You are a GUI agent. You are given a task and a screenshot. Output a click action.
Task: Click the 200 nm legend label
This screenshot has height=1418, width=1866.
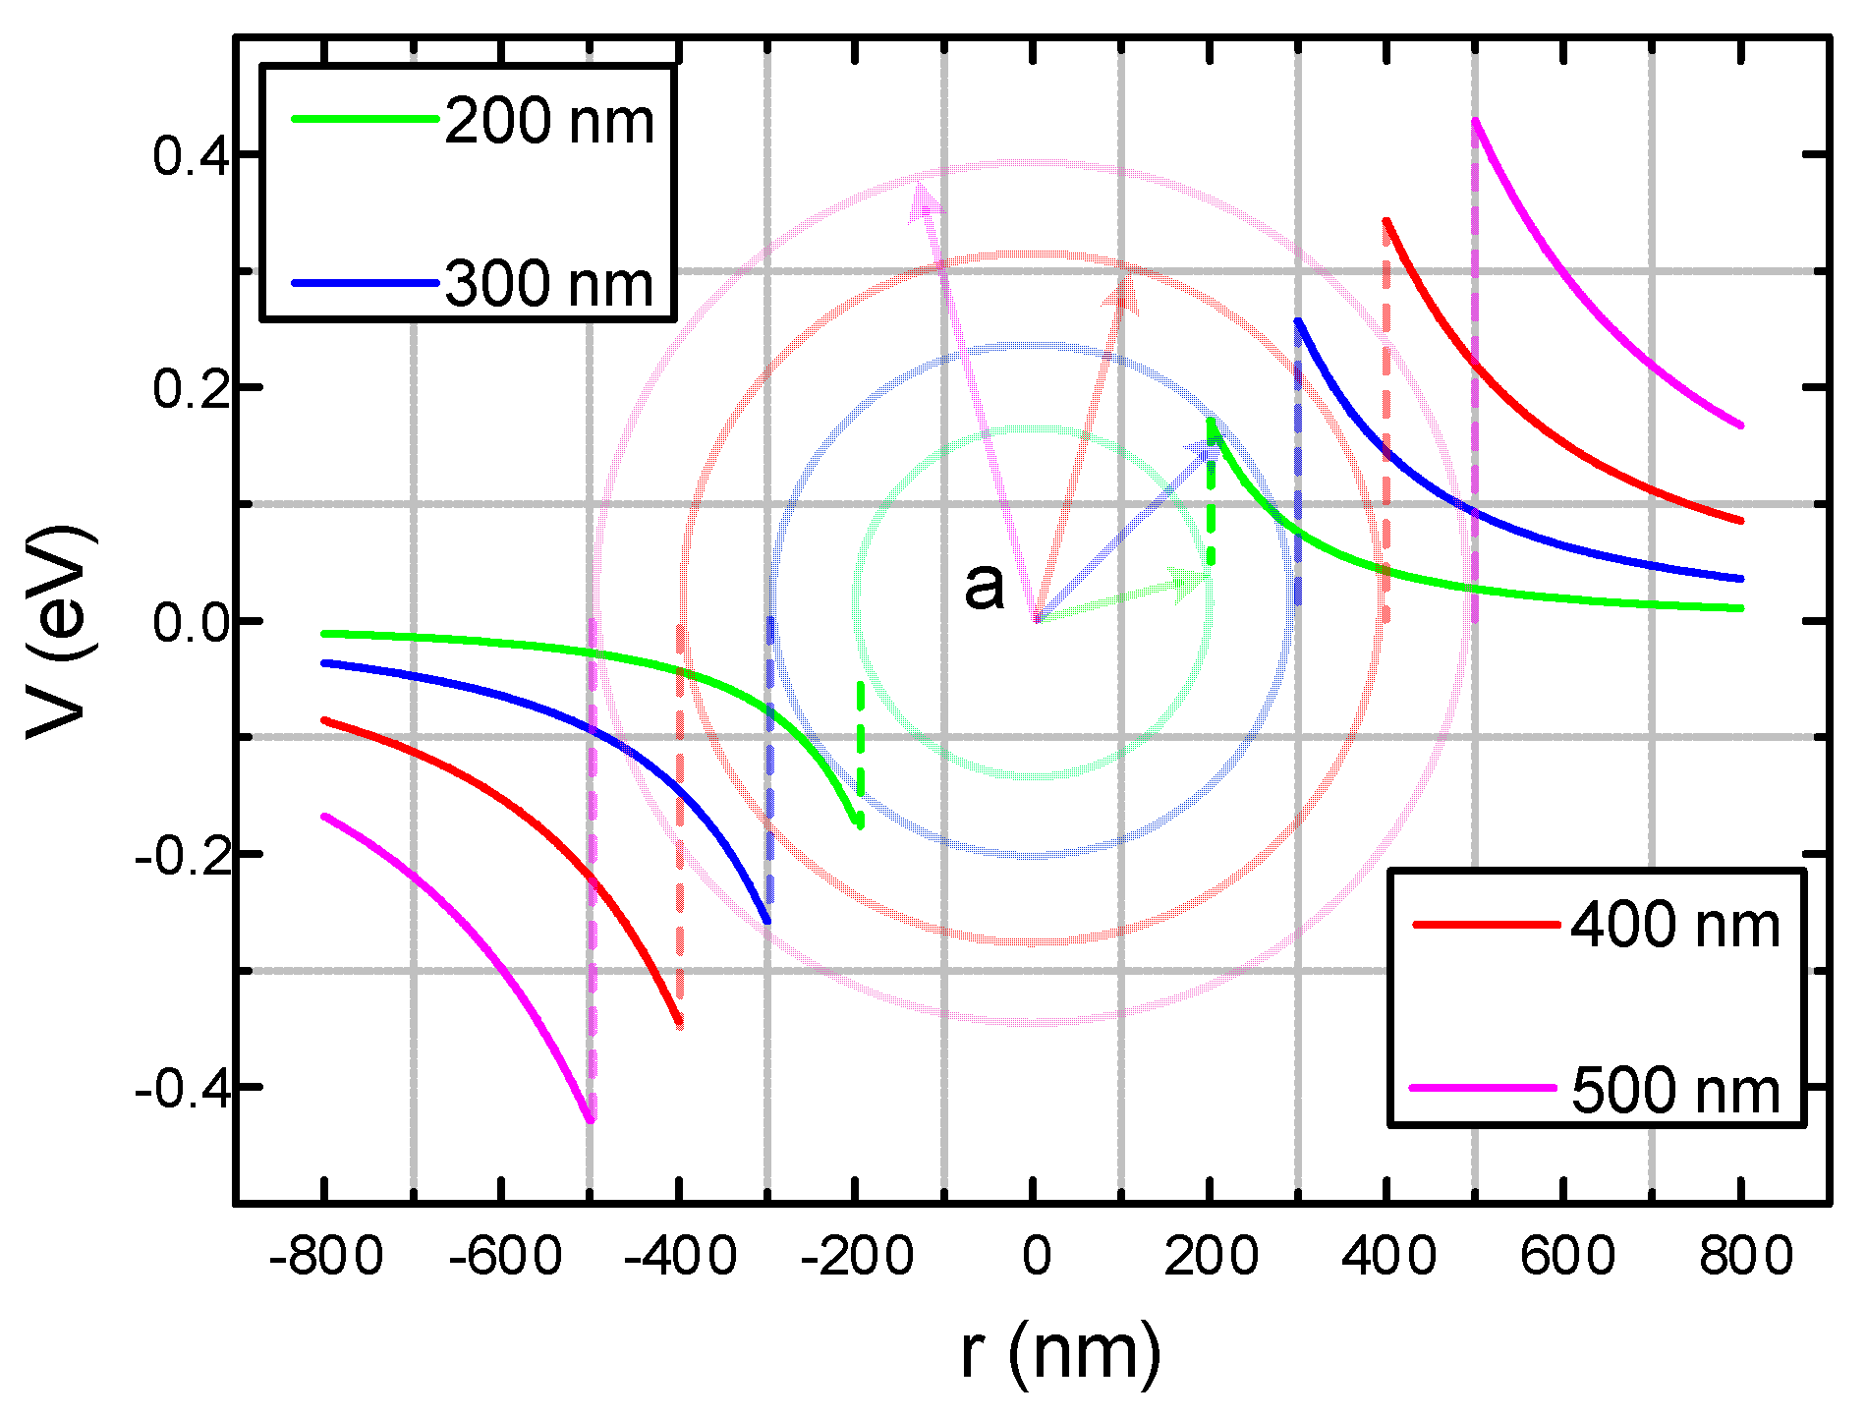click(x=548, y=123)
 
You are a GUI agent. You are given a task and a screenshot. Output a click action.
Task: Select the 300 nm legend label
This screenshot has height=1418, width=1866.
click(x=548, y=285)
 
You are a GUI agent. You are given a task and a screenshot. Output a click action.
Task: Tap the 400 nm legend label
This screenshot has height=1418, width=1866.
click(x=1674, y=926)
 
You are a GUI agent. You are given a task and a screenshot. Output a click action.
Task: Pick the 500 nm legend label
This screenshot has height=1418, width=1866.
click(x=1674, y=1091)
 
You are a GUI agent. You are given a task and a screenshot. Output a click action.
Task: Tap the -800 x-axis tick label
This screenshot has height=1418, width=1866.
click(x=325, y=1257)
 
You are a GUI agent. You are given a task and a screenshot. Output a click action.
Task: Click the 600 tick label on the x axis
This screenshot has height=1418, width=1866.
click(x=1566, y=1257)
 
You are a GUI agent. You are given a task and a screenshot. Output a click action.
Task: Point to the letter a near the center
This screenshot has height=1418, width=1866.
click(x=985, y=586)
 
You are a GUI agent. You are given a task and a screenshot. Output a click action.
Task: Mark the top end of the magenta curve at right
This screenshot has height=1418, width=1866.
click(x=1476, y=122)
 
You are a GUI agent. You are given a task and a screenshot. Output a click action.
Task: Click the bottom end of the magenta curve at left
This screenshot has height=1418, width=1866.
click(x=590, y=1118)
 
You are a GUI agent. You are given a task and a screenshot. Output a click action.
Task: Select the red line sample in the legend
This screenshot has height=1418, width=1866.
click(x=1485, y=925)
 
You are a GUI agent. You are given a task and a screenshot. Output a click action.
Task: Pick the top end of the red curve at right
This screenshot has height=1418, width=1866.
click(x=1386, y=222)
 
